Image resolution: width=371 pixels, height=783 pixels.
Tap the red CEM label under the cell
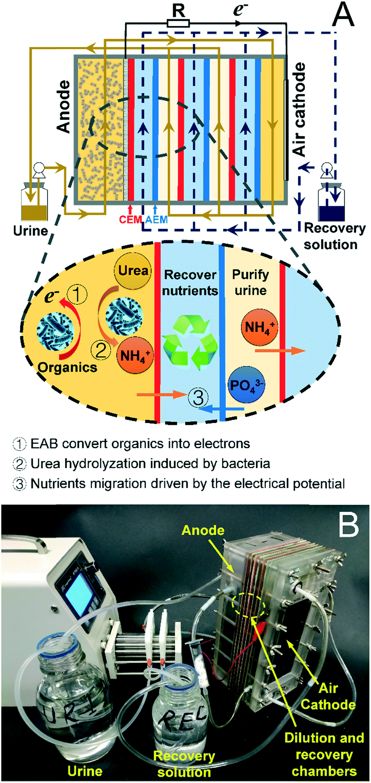(x=130, y=219)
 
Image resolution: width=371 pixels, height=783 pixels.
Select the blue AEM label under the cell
(x=156, y=219)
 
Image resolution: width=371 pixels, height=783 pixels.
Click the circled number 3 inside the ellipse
(x=198, y=397)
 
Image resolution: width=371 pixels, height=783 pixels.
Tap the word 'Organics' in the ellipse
(x=67, y=367)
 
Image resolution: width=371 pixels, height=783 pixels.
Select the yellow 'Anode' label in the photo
(x=203, y=530)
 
